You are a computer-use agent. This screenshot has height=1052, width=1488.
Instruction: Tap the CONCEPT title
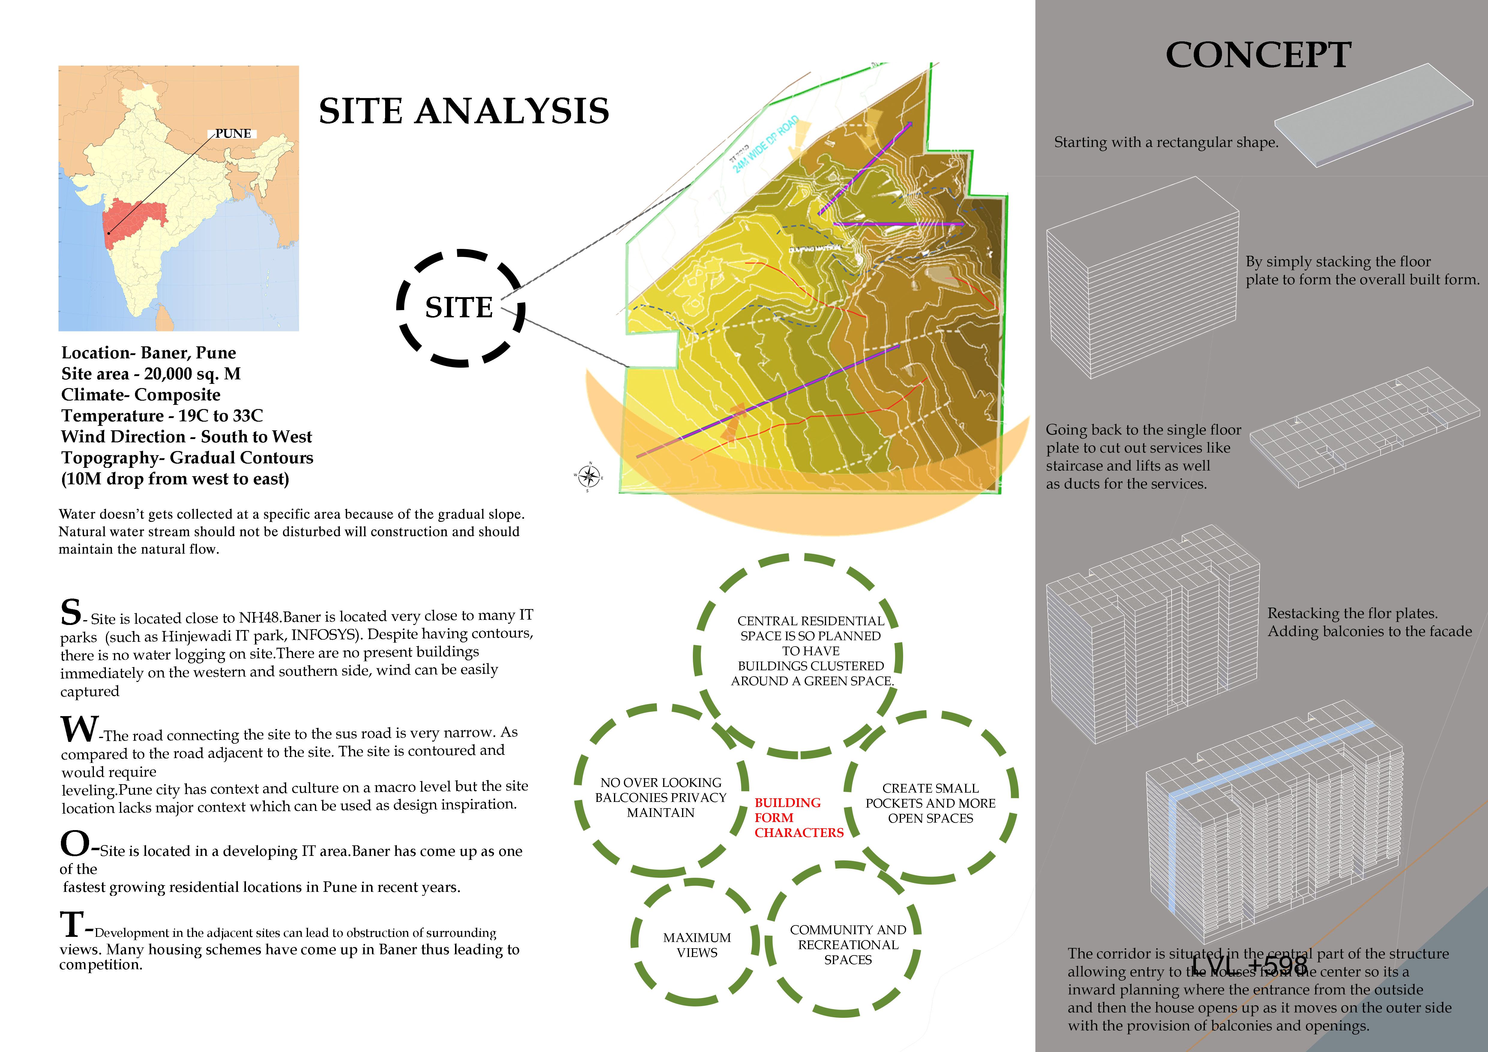[x=1258, y=55]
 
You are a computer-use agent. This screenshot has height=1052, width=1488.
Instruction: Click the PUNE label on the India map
[x=233, y=133]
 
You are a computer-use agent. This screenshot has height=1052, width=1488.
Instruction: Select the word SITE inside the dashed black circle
[x=459, y=308]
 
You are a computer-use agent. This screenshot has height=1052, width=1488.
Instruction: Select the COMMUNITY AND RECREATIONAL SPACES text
[x=848, y=944]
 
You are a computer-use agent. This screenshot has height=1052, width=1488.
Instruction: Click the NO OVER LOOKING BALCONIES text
[x=660, y=797]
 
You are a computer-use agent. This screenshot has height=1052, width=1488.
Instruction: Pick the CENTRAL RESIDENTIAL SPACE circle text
[x=811, y=650]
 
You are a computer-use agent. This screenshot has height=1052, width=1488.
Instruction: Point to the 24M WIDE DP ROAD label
[x=765, y=146]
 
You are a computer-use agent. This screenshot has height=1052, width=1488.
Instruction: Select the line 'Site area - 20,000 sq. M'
[x=151, y=374]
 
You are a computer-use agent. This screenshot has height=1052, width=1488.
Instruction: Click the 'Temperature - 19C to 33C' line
[x=162, y=416]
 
